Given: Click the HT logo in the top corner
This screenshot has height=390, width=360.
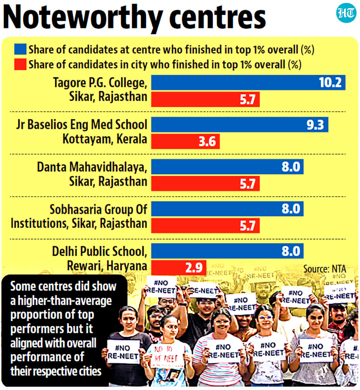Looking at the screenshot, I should coord(346,14).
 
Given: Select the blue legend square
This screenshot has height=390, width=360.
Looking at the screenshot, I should coord(20,49).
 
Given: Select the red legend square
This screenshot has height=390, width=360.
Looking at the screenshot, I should coord(20,64).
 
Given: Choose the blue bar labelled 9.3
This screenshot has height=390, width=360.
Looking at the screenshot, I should coord(239,125).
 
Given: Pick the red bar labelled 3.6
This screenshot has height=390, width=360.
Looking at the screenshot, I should coord(185,142).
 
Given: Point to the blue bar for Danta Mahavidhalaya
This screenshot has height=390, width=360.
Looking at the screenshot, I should coord(227,167).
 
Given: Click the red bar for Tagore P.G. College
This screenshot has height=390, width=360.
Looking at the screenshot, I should coord(205,99).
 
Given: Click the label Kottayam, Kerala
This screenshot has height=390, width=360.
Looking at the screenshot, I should coord(105,139).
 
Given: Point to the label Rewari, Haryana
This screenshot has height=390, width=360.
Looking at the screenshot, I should coord(107,266).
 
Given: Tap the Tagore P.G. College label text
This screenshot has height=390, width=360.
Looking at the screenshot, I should coord(100,83).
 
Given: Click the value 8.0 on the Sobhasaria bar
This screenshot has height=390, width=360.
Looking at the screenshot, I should coord(291,209).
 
